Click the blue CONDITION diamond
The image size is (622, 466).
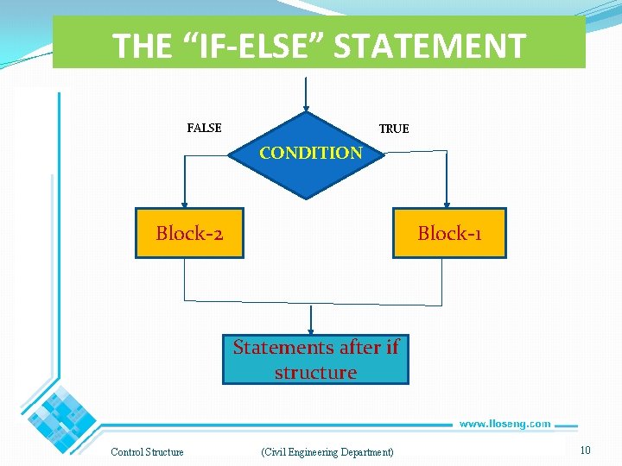click(307, 155)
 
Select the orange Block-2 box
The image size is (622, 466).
click(189, 233)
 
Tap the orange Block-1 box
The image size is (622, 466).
click(449, 233)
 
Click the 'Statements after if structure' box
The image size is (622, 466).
click(315, 360)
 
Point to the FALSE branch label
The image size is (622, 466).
click(205, 128)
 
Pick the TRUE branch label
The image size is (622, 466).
click(394, 129)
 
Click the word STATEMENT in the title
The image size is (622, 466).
click(429, 46)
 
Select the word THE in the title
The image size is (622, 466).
click(143, 46)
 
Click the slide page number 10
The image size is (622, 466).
click(585, 450)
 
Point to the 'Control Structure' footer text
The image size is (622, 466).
click(147, 452)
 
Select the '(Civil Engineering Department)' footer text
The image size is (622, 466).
click(327, 452)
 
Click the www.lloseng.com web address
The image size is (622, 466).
click(505, 424)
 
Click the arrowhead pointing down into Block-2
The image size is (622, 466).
click(184, 204)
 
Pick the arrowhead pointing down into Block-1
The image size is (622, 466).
click(447, 204)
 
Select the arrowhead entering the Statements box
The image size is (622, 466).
click(311, 331)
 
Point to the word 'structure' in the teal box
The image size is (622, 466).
click(315, 373)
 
